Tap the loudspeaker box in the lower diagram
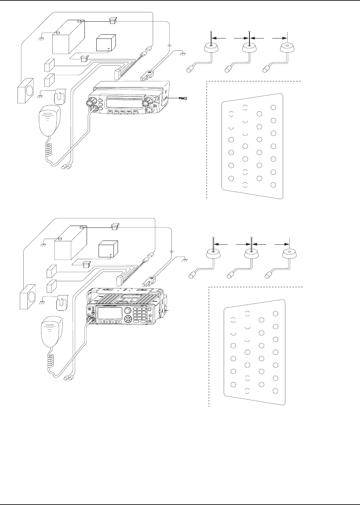[29, 297]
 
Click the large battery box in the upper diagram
[68, 36]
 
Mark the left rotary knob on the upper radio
[92, 102]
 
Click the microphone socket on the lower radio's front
[90, 319]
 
